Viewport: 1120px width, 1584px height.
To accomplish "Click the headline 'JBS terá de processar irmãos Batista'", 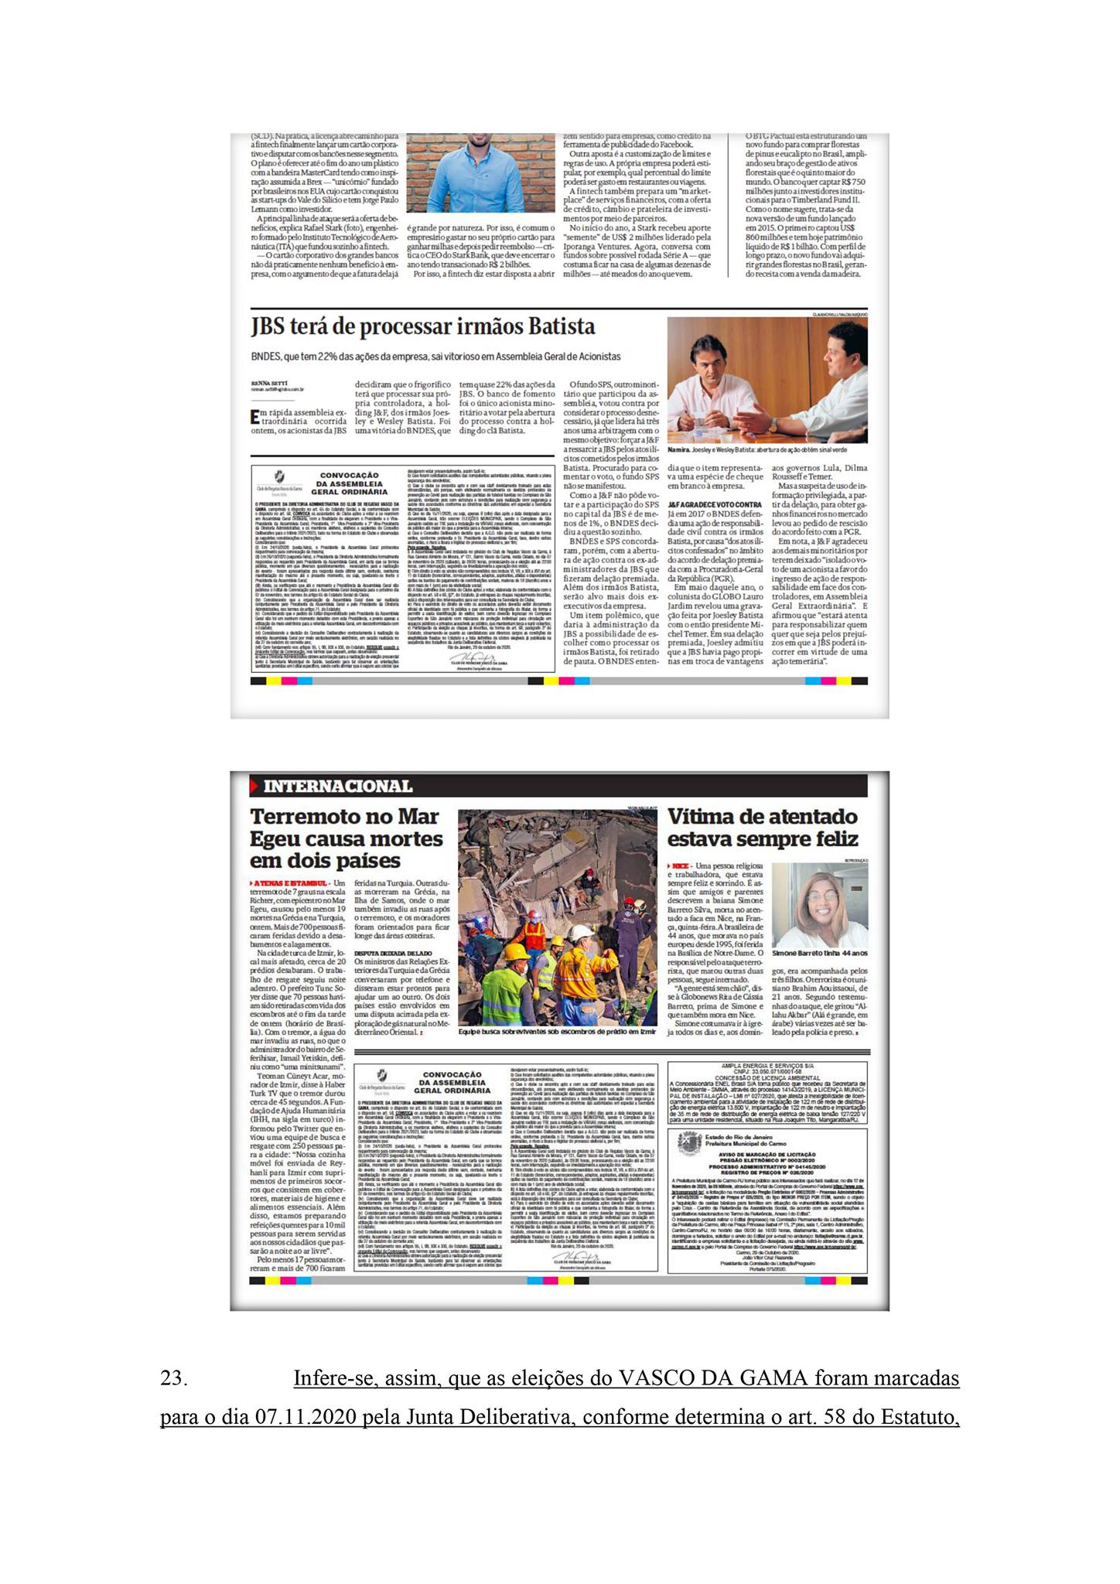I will click(x=422, y=326).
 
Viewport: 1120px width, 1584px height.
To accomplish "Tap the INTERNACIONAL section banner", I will click(x=336, y=787).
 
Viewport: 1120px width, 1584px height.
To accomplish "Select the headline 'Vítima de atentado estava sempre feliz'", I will click(x=762, y=828).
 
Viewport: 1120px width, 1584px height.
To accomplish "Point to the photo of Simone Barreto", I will click(x=821, y=904).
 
